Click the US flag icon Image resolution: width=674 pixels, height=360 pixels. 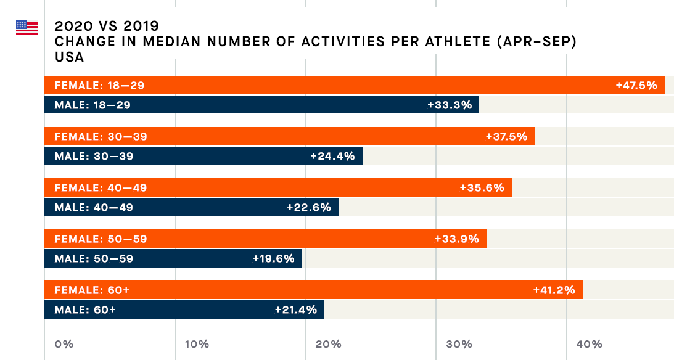[x=27, y=28]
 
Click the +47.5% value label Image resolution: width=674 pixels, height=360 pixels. [x=636, y=85]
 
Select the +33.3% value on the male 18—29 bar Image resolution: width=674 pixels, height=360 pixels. [x=450, y=105]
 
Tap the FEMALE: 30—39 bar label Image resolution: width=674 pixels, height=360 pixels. [x=101, y=136]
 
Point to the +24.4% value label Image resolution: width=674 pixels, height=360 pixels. [x=332, y=156]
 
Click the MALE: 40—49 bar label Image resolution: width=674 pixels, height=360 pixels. [x=94, y=207]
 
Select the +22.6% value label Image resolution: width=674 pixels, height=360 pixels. [x=309, y=207]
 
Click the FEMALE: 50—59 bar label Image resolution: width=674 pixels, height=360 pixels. [x=101, y=239]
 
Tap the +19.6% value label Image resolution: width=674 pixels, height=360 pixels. [x=273, y=258]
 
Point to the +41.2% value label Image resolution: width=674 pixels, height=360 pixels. [x=554, y=290]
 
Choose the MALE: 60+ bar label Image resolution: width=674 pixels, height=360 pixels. [x=85, y=309]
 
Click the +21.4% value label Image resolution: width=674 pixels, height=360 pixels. [x=295, y=309]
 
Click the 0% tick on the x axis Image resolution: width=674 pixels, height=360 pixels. [x=64, y=344]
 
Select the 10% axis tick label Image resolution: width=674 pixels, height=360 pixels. [x=196, y=344]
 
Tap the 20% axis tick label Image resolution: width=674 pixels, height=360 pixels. [x=328, y=344]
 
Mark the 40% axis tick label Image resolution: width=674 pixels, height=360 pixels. [x=589, y=344]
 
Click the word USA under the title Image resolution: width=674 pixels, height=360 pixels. [x=69, y=57]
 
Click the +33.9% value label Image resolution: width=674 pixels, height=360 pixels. [x=456, y=239]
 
